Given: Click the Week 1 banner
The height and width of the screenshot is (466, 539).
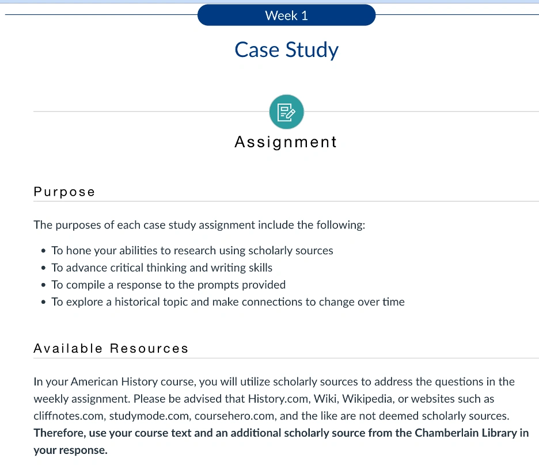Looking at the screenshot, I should (x=286, y=16).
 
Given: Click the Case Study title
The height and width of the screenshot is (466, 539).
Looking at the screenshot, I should (x=286, y=49).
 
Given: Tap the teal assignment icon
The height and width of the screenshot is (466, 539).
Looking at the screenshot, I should (x=286, y=112).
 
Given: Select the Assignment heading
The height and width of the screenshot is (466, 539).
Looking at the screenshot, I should (x=286, y=142).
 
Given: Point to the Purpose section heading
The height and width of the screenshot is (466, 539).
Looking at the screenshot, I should (x=64, y=192).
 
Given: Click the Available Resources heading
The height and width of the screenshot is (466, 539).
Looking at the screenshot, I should (x=111, y=348).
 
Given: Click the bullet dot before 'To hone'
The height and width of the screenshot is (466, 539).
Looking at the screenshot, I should (x=44, y=251).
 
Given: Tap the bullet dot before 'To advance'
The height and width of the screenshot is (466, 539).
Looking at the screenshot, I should (x=44, y=268).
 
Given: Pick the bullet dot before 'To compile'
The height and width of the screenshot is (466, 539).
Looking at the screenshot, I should (x=44, y=285).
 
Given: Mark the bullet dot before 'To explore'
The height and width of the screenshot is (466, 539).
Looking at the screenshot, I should (x=44, y=302).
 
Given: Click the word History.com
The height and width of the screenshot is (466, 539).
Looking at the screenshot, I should (x=274, y=399).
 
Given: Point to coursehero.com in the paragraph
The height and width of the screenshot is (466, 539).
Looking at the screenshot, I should (x=230, y=415).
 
